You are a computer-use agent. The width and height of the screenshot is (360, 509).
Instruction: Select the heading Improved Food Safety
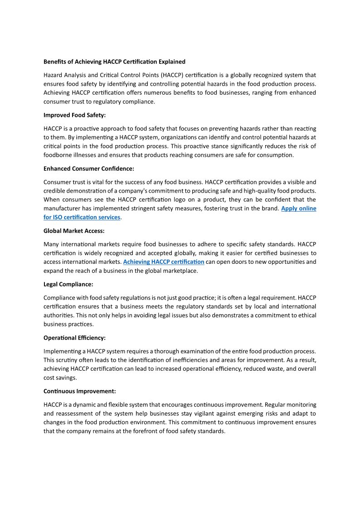tap(74, 115)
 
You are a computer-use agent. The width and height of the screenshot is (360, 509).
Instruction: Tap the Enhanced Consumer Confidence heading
tap(89, 169)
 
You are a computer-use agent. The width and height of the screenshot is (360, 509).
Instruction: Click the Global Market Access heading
tap(74, 231)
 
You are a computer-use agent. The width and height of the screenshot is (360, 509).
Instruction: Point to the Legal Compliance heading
tap(68, 284)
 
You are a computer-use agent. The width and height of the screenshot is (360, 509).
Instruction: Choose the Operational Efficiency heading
tap(74, 338)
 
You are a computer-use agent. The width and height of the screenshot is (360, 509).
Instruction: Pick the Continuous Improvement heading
tap(80, 391)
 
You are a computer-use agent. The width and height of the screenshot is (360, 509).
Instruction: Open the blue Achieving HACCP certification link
tap(164, 262)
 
